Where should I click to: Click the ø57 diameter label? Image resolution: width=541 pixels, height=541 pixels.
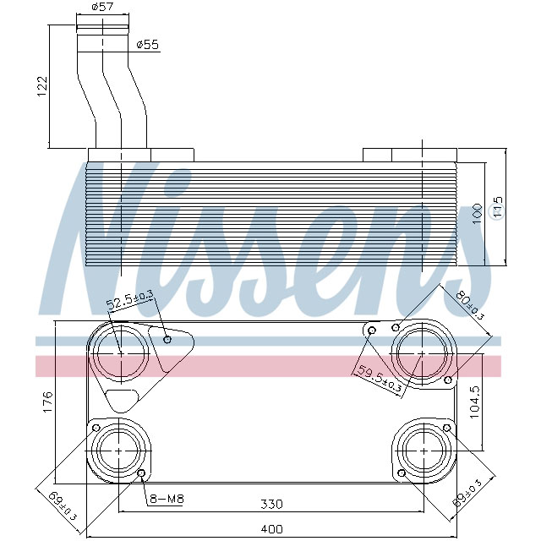[102, 8]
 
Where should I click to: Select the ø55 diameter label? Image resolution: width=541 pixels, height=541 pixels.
[148, 44]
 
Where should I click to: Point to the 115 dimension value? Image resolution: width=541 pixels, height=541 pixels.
[498, 208]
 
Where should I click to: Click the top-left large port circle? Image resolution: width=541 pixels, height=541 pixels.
[119, 352]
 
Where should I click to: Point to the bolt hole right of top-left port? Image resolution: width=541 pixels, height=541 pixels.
[167, 339]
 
